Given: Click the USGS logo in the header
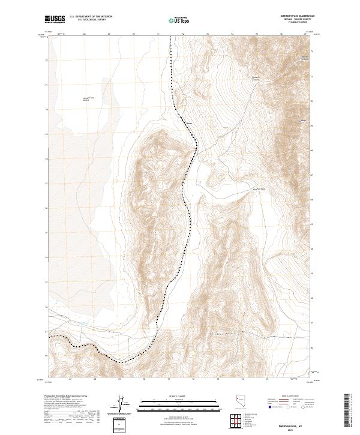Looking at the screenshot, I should [x=54, y=19].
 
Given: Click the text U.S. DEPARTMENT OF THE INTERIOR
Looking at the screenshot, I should [x=91, y=17].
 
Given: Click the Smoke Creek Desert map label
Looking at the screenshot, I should [x=89, y=99].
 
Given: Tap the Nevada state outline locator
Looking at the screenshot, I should [x=239, y=402].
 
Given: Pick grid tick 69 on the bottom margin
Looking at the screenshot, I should [x=119, y=380].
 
